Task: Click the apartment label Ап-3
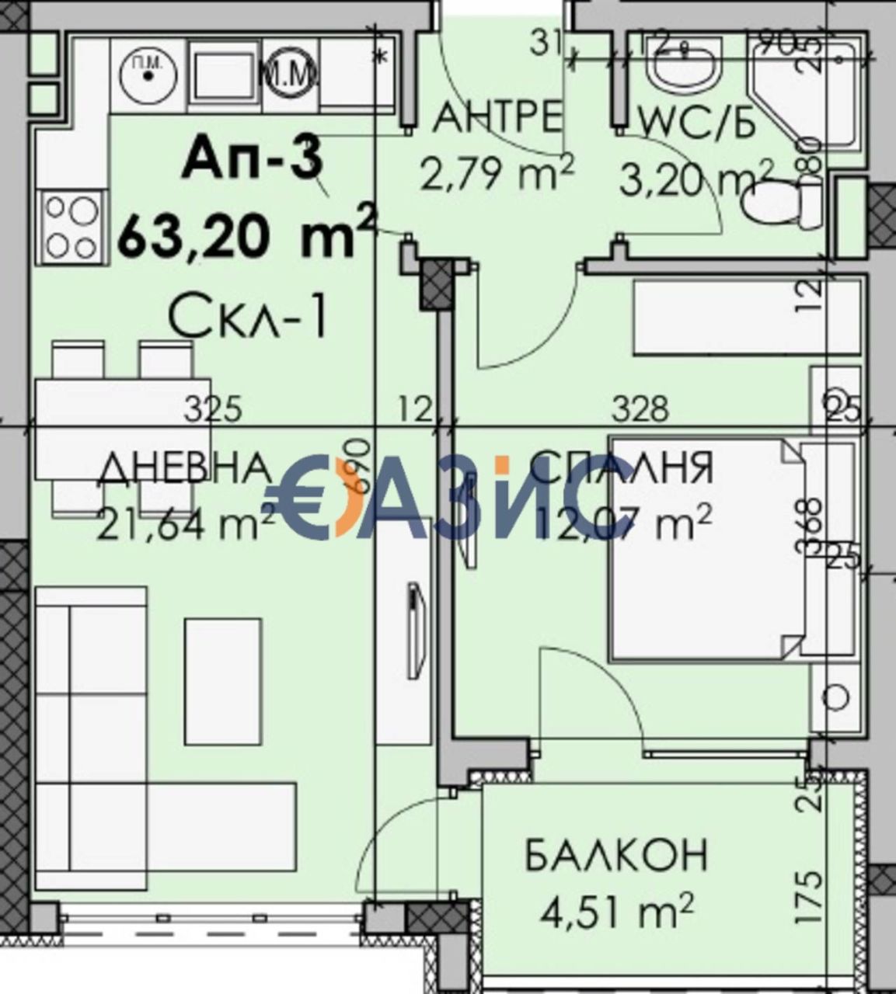click(252, 160)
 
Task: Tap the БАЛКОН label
click(616, 855)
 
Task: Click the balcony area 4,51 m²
click(616, 908)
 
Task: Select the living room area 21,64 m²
click(186, 522)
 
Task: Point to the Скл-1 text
click(248, 318)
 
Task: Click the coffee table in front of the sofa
click(223, 680)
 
